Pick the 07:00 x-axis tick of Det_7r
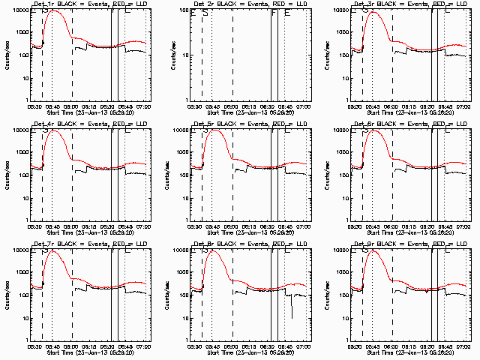[x=145, y=346]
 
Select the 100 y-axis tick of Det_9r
[x=344, y=295]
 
